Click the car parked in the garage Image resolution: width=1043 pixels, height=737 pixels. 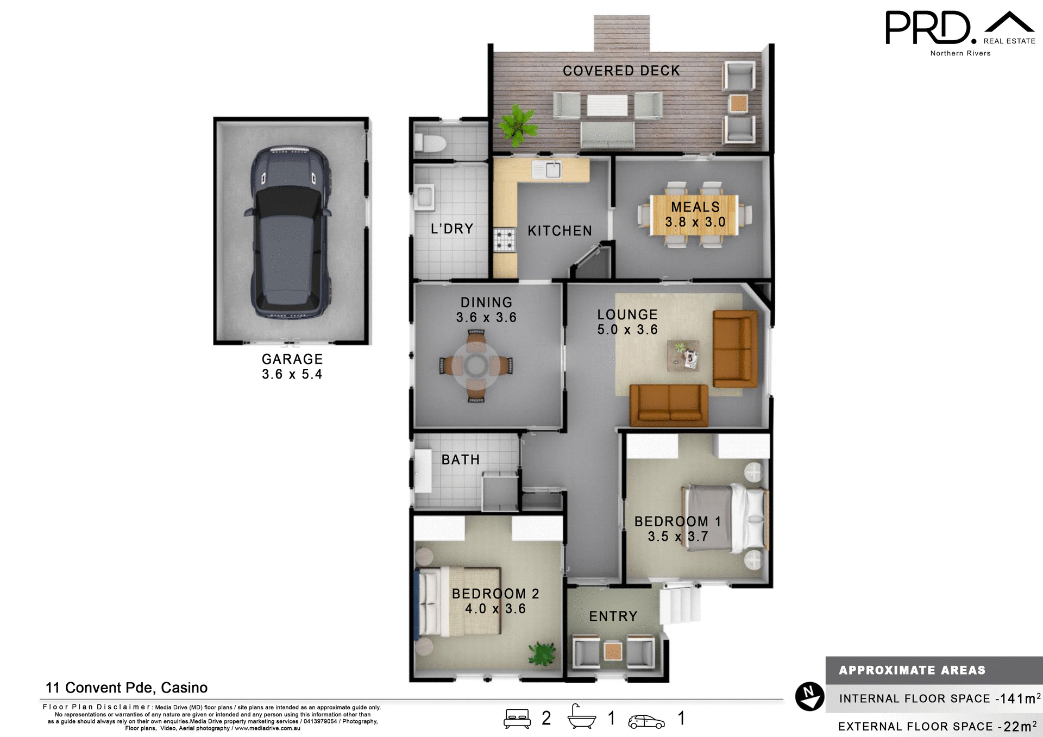click(x=291, y=232)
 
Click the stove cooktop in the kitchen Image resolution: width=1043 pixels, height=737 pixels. click(x=504, y=240)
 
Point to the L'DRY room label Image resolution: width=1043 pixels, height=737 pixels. click(x=452, y=229)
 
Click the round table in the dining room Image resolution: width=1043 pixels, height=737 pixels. click(x=476, y=366)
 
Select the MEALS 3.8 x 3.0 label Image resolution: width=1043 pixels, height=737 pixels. click(x=695, y=215)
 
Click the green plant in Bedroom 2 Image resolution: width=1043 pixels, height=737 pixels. click(x=542, y=654)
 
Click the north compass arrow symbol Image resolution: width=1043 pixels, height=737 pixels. click(x=809, y=696)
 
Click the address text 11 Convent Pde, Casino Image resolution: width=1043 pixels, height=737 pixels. click(x=127, y=688)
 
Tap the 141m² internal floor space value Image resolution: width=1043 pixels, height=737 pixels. click(x=1020, y=698)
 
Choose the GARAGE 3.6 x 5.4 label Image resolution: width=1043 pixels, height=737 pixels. click(x=292, y=367)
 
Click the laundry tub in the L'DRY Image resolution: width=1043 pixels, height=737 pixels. click(x=424, y=197)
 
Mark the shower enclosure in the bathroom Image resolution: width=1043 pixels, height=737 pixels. click(x=500, y=492)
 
